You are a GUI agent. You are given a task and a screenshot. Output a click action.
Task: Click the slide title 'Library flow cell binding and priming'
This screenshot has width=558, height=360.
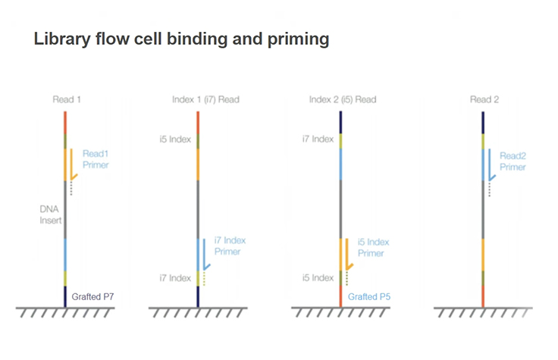[181, 39]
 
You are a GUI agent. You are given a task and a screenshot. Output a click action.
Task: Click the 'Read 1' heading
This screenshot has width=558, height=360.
[66, 99]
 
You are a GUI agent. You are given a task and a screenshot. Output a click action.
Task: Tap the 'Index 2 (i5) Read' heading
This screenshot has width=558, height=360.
[343, 99]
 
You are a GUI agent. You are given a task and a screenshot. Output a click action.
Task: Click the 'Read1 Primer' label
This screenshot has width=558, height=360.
[96, 158]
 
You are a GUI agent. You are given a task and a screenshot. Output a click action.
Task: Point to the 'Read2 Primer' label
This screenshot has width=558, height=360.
[513, 161]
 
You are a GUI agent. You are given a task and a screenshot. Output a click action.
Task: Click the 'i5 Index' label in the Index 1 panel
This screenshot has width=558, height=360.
[174, 139]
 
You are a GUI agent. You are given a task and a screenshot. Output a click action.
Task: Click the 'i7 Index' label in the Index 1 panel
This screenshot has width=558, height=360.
[174, 277]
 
